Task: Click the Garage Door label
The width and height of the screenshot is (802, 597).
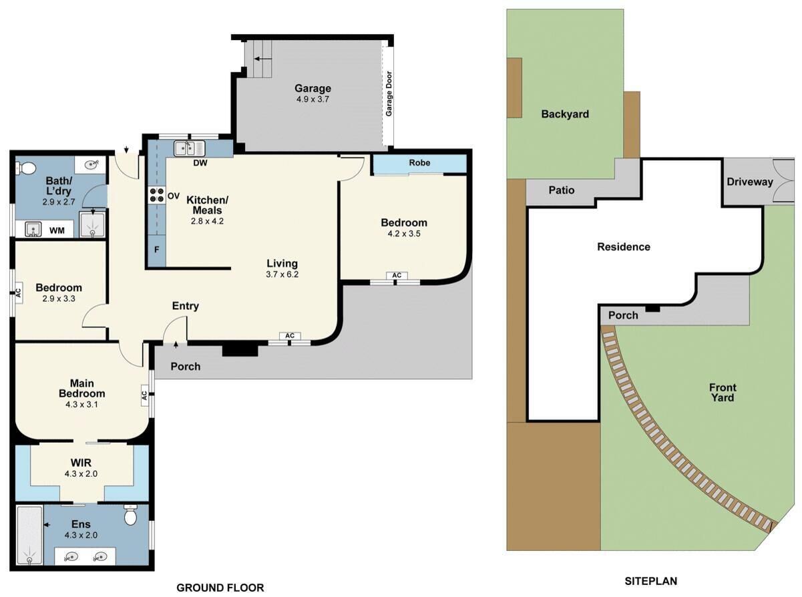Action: pyautogui.click(x=389, y=93)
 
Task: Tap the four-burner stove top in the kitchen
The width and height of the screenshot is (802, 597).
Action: pyautogui.click(x=156, y=195)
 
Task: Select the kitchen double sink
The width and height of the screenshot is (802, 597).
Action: pyautogui.click(x=189, y=148)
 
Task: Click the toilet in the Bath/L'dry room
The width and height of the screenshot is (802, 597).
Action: pyautogui.click(x=25, y=168)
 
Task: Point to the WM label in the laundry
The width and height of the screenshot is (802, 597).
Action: pyautogui.click(x=57, y=230)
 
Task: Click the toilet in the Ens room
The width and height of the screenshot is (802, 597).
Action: pyautogui.click(x=130, y=516)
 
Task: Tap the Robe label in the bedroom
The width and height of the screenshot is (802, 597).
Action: pyautogui.click(x=419, y=163)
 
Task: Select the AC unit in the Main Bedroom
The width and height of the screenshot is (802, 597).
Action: pyautogui.click(x=144, y=395)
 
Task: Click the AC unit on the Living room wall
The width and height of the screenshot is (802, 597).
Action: pyautogui.click(x=290, y=336)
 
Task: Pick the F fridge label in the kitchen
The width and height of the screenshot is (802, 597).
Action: pyautogui.click(x=156, y=250)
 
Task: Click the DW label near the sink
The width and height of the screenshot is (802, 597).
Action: pyautogui.click(x=200, y=163)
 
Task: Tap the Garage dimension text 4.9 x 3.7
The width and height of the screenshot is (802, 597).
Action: pyautogui.click(x=313, y=99)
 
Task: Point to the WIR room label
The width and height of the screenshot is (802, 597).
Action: pyautogui.click(x=81, y=463)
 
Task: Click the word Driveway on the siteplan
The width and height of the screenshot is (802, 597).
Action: pyautogui.click(x=749, y=182)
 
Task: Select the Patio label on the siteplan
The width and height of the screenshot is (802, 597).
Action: pyautogui.click(x=561, y=190)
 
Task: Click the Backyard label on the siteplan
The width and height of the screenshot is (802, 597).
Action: pyautogui.click(x=565, y=114)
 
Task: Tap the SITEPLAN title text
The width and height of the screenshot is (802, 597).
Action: pyautogui.click(x=650, y=582)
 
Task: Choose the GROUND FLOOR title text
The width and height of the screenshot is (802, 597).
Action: pyautogui.click(x=220, y=588)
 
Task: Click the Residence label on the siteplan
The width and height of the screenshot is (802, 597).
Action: pyautogui.click(x=624, y=247)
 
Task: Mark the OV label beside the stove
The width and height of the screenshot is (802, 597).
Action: pyautogui.click(x=174, y=196)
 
